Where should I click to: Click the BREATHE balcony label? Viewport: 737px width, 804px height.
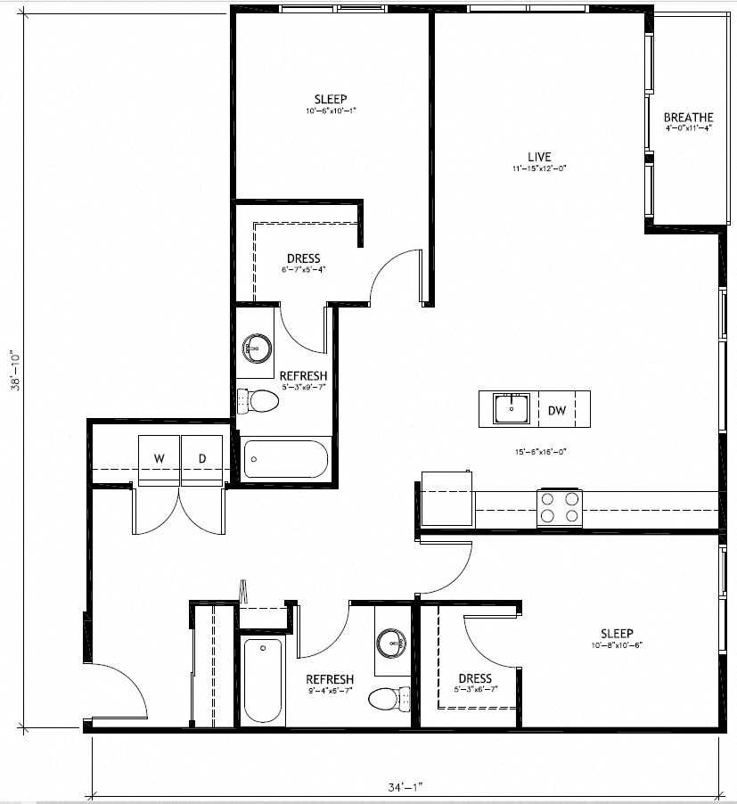coord(688,118)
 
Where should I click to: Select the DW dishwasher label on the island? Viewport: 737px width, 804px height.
coord(557,411)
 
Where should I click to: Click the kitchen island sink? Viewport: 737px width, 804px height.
coord(512,411)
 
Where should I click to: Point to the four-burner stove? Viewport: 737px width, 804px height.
coord(559,508)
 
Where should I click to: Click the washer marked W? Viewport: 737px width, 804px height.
coord(160,459)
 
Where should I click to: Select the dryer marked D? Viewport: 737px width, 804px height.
coord(202,459)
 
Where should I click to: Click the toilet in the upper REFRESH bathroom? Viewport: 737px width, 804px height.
coord(261,401)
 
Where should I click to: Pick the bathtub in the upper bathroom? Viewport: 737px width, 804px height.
coord(285,460)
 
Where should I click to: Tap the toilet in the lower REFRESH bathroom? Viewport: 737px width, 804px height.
coord(385,697)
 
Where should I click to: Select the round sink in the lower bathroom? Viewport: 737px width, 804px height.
coord(390,642)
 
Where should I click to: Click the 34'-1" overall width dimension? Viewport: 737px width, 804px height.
coord(405,786)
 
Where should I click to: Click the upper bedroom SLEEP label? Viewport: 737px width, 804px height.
coord(330,99)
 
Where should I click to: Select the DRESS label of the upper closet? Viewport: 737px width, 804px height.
coord(303,259)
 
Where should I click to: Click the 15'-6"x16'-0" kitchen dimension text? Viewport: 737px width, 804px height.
coord(540,452)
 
